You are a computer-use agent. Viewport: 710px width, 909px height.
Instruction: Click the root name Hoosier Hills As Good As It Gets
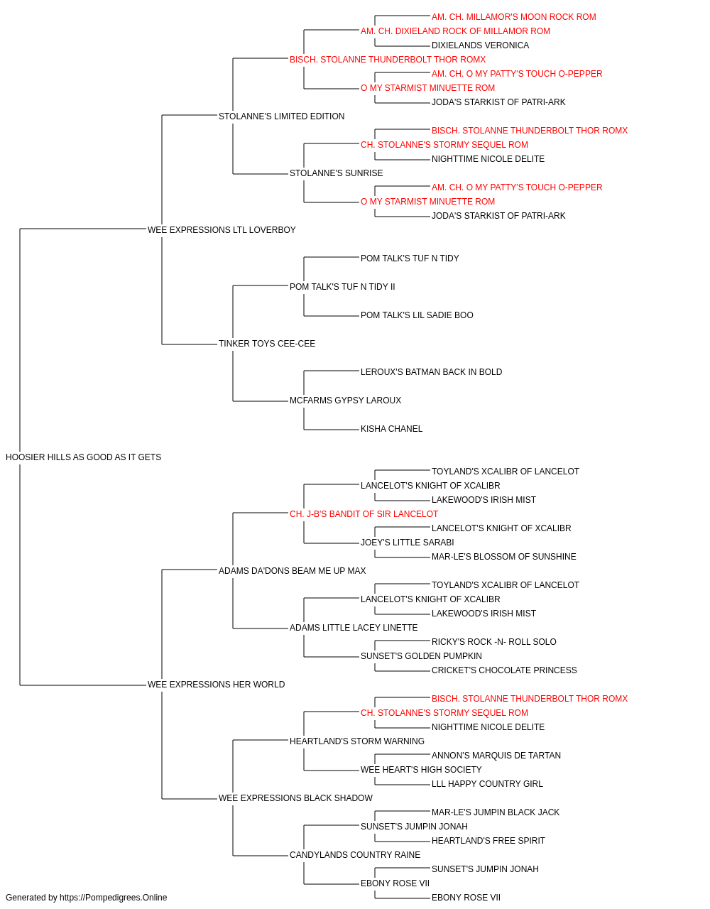pos(83,457)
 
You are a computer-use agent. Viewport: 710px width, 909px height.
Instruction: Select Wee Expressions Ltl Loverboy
pos(222,230)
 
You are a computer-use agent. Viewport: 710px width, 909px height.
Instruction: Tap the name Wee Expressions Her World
pos(216,685)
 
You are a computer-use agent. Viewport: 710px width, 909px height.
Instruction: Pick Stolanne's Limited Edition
pos(281,116)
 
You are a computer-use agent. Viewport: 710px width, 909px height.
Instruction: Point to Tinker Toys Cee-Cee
pos(267,344)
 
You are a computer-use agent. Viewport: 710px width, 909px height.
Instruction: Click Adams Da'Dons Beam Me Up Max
pos(293,571)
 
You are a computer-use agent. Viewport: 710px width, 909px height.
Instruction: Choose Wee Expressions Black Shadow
pos(295,798)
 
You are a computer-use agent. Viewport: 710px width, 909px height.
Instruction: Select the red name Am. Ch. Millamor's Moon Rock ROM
pos(514,17)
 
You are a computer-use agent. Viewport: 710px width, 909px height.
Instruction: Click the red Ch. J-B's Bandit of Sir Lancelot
pos(364,514)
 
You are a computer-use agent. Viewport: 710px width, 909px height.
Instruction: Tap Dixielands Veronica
pos(481,45)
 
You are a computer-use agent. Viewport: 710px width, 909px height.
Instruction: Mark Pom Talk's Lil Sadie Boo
pos(417,315)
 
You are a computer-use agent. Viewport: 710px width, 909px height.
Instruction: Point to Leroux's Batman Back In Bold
pos(432,372)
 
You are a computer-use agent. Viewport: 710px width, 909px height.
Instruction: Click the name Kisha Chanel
pos(392,429)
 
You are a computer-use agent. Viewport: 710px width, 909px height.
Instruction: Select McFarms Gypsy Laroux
pos(345,401)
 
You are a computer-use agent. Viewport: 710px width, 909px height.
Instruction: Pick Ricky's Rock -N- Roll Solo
pos(494,642)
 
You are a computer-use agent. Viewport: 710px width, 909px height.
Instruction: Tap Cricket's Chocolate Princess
pos(504,670)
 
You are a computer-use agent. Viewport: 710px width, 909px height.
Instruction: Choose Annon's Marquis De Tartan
pos(496,756)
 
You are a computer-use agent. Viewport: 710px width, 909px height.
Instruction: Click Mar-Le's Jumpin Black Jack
pos(496,812)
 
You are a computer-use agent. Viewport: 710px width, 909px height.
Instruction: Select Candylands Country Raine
pos(355,855)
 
